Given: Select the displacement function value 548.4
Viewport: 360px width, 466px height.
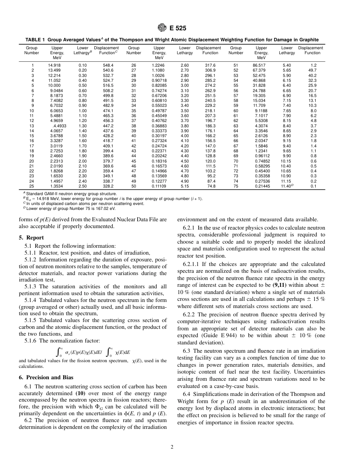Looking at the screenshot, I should [108, 65].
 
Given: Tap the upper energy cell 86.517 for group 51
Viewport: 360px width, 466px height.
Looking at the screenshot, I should [259, 65].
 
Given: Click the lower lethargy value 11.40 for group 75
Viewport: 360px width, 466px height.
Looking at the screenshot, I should [285, 186].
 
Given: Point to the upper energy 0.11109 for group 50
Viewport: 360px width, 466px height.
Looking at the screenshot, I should [159, 186].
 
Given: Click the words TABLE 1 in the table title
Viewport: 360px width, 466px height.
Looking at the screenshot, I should [36, 40].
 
